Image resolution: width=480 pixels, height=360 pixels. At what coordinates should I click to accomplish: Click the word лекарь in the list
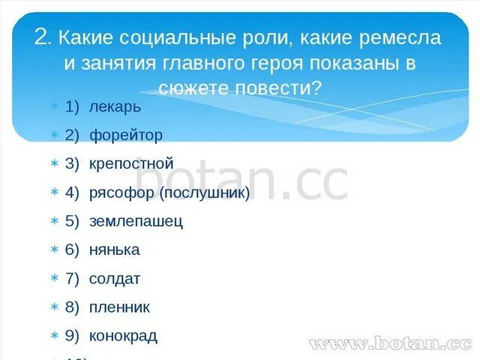(x=115, y=106)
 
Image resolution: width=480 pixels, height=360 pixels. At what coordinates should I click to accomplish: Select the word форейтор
(x=125, y=135)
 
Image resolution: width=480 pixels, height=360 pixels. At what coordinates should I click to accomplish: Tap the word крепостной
(x=131, y=163)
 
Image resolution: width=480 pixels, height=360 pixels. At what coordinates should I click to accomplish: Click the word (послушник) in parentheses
(x=204, y=193)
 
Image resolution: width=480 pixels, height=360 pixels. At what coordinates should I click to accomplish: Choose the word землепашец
(x=136, y=221)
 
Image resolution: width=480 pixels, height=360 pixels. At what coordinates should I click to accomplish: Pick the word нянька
(x=114, y=250)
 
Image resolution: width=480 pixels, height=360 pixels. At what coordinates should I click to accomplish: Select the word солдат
(x=115, y=279)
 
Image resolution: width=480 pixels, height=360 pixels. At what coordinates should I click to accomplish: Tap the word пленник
(x=119, y=307)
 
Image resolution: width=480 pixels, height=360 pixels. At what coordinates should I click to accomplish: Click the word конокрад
(x=123, y=336)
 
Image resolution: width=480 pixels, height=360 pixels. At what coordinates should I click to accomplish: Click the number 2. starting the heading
(x=42, y=37)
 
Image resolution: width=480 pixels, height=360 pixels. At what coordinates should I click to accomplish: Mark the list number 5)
(x=72, y=221)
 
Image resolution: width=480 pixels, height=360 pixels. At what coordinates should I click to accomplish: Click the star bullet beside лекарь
(x=54, y=107)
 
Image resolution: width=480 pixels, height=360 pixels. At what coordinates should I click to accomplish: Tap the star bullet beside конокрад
(x=54, y=336)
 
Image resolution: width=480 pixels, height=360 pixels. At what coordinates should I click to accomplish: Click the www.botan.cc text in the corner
(x=390, y=344)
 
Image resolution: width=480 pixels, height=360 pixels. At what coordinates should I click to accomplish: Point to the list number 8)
(x=72, y=307)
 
